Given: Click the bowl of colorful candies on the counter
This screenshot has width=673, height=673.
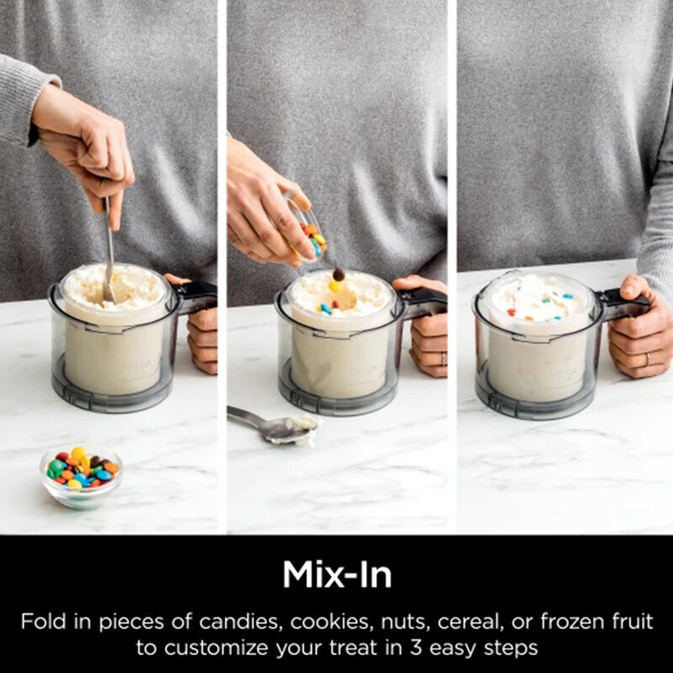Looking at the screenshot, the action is point(81,475).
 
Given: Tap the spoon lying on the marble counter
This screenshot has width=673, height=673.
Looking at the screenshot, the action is point(275,425).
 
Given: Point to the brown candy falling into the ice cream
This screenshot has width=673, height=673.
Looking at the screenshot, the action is point(339,274).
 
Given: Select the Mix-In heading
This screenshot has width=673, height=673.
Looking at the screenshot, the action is point(337,575).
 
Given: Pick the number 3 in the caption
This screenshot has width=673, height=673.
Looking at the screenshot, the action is point(416,647).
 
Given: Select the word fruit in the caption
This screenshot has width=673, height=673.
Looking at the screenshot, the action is point(630,622).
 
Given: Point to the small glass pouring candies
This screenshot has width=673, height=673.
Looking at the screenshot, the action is point(307,226).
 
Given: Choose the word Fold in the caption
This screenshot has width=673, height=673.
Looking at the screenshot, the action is point(45,622).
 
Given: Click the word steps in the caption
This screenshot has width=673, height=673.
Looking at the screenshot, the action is point(511,648).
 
